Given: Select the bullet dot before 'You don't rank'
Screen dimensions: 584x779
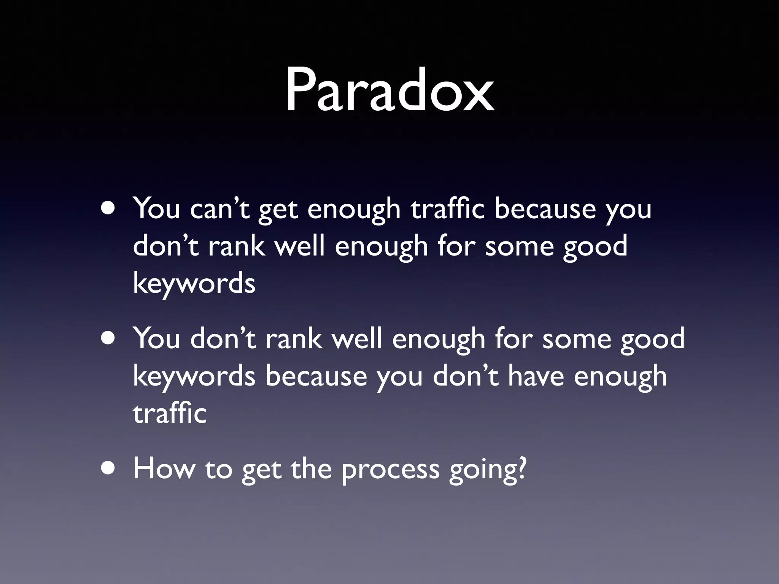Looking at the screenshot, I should click(x=109, y=340).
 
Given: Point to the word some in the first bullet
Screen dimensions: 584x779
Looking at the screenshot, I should click(x=519, y=246).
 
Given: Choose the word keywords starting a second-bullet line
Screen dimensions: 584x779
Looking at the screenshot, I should click(x=194, y=376).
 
